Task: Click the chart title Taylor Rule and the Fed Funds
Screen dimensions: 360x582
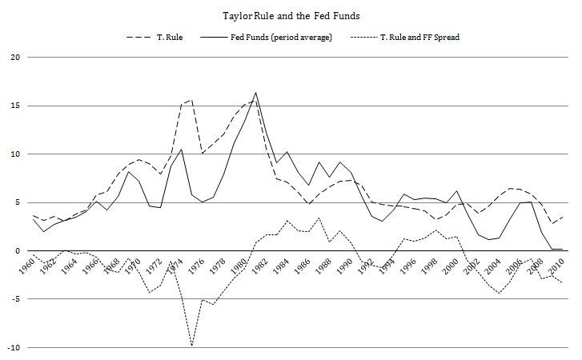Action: pos(291,15)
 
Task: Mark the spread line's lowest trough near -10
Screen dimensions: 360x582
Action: pos(192,346)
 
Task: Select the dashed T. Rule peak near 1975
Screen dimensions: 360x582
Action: pos(192,100)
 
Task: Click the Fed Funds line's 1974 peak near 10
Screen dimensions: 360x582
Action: pos(182,150)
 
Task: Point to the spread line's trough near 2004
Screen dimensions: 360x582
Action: pos(500,293)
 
